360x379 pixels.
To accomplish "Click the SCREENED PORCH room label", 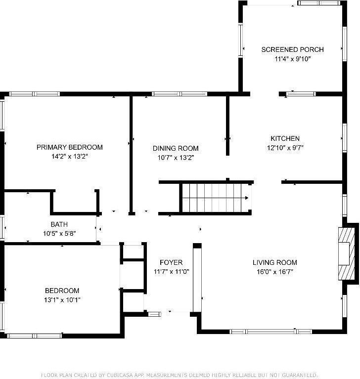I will (292, 49).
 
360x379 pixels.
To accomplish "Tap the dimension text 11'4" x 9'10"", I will (292, 59).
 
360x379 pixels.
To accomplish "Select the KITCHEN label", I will (285, 138).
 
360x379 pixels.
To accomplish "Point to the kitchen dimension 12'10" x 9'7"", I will (285, 147).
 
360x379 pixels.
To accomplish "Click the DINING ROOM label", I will (176, 148).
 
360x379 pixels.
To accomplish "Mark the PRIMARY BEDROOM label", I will (70, 147).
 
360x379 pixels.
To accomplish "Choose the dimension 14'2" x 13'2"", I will (70, 157).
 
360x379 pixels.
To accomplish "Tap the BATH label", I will (59, 224).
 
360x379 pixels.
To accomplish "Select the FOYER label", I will (171, 262).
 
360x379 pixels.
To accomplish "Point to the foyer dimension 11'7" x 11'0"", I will (171, 271).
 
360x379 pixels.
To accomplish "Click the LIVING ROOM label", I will (275, 262).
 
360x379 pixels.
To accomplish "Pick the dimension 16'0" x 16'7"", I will (275, 271).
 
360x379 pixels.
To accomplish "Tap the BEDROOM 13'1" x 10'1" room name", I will (62, 291).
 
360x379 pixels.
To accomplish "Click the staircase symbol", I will (215, 198).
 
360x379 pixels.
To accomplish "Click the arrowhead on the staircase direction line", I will (246, 198).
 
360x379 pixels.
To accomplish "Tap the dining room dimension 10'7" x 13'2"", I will (176, 158).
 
